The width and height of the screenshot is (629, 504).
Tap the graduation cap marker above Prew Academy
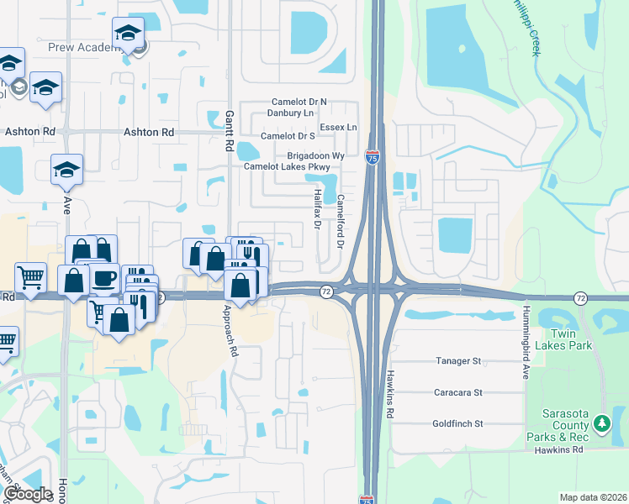128,34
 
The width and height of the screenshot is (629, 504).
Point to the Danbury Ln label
290,113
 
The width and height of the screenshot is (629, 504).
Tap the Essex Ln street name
340,128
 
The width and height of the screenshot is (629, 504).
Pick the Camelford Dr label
341,220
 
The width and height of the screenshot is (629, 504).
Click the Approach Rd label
231,331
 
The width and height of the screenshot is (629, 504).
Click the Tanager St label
457,361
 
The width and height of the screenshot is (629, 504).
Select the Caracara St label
457,392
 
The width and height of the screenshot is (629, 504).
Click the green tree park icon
601,423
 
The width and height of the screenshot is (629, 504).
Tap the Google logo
27,494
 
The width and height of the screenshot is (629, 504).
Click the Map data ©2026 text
593,497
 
